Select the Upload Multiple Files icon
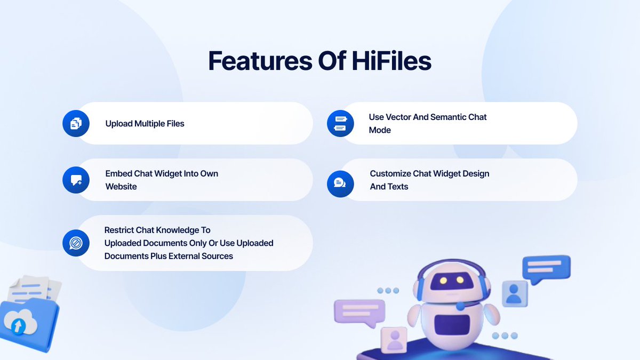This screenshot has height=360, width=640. point(76,123)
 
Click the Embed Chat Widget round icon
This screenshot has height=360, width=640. point(76,180)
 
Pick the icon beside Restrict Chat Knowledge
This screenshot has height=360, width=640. point(76,243)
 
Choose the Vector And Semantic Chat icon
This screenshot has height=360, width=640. point(340,123)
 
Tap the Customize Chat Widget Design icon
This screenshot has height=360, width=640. point(340,183)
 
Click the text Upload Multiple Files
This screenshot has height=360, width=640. point(145,124)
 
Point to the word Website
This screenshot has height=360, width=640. point(121,187)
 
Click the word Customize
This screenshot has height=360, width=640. point(390,173)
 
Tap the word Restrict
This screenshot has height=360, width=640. point(119,230)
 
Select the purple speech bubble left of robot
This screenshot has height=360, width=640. point(359,311)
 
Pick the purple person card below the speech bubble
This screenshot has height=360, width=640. point(395,339)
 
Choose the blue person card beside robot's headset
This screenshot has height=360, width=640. point(514,294)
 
